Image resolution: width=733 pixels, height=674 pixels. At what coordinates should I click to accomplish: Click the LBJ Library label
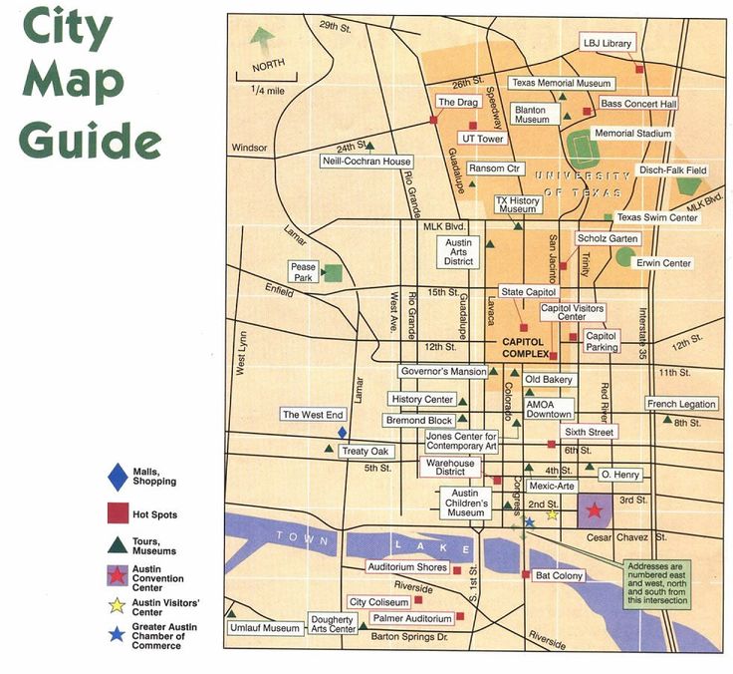coord(606,43)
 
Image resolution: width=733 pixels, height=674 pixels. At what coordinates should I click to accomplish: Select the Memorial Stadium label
coord(632,133)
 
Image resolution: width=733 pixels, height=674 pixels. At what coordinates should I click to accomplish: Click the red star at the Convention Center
coord(594,510)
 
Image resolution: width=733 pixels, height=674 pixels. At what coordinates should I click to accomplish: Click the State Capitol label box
coord(524,292)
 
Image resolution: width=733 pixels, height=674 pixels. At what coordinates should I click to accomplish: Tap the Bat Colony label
coord(559,575)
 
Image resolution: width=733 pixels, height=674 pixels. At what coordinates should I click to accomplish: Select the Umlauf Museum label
coord(266,628)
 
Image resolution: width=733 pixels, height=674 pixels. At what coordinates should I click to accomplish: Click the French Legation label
coord(681,404)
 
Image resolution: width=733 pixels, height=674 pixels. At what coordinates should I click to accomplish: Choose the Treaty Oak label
coord(363,452)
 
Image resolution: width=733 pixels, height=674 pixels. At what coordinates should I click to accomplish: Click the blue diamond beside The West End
coord(342,433)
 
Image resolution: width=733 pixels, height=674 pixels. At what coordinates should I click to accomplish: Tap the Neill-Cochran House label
coord(366,162)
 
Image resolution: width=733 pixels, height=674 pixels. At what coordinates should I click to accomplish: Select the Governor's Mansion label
coord(443,372)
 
